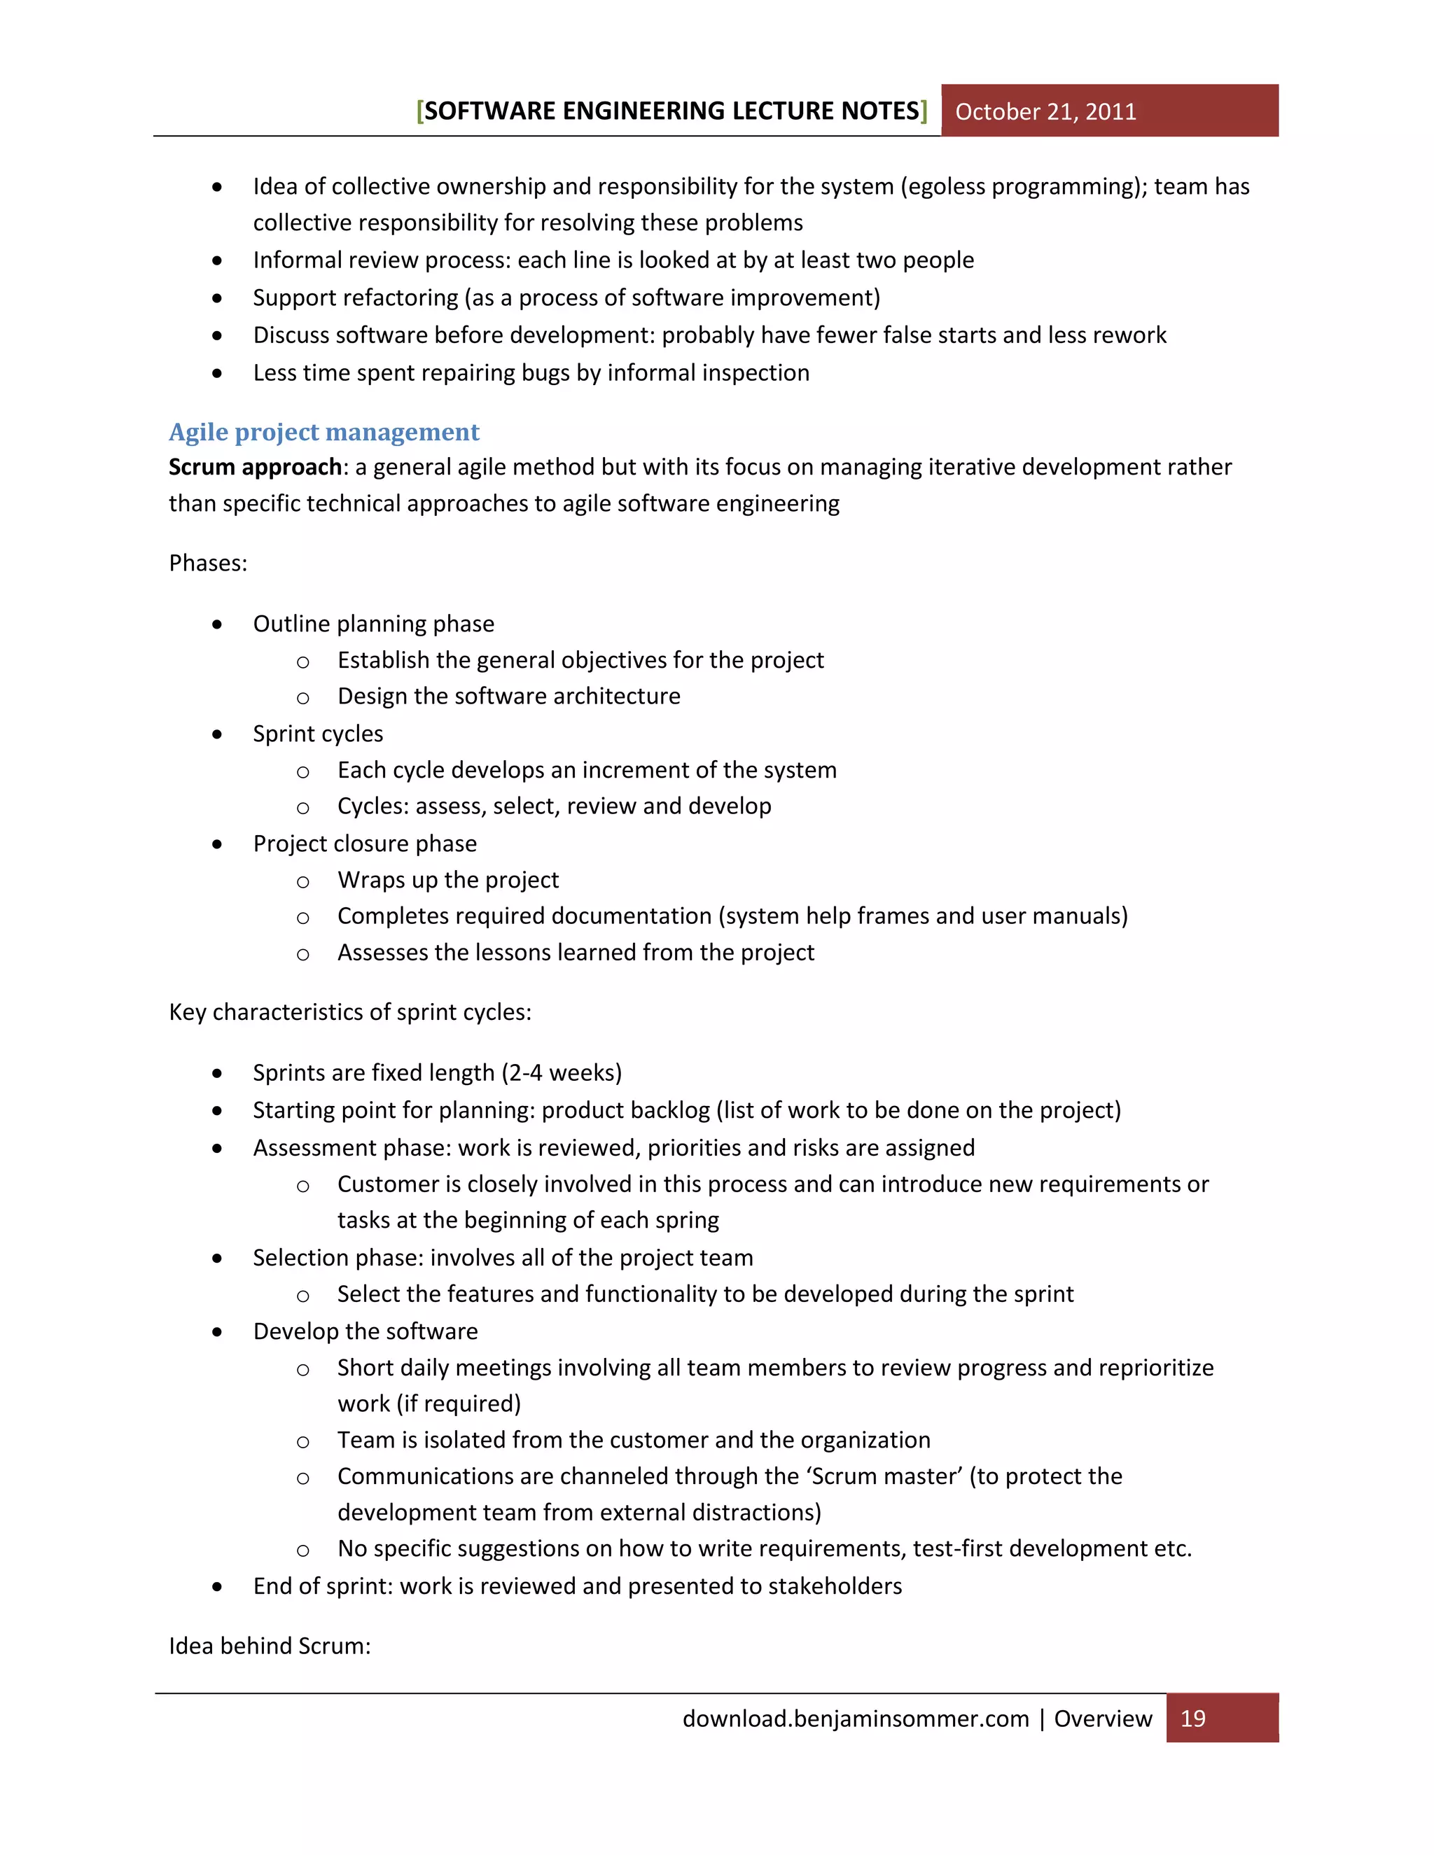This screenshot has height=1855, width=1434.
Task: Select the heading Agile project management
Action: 323,433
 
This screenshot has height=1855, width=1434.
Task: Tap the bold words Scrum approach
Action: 255,467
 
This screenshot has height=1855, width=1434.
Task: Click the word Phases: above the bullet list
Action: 208,563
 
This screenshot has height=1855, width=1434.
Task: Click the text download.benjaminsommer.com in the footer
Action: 856,1718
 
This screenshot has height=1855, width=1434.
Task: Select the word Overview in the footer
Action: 1103,1718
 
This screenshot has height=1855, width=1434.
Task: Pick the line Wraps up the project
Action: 447,880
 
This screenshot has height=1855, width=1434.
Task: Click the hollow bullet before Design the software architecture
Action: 302,698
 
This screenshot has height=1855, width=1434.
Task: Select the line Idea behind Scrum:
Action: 270,1646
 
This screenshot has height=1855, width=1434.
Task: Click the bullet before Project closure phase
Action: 218,844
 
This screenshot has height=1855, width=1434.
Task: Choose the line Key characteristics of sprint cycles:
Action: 350,1012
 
